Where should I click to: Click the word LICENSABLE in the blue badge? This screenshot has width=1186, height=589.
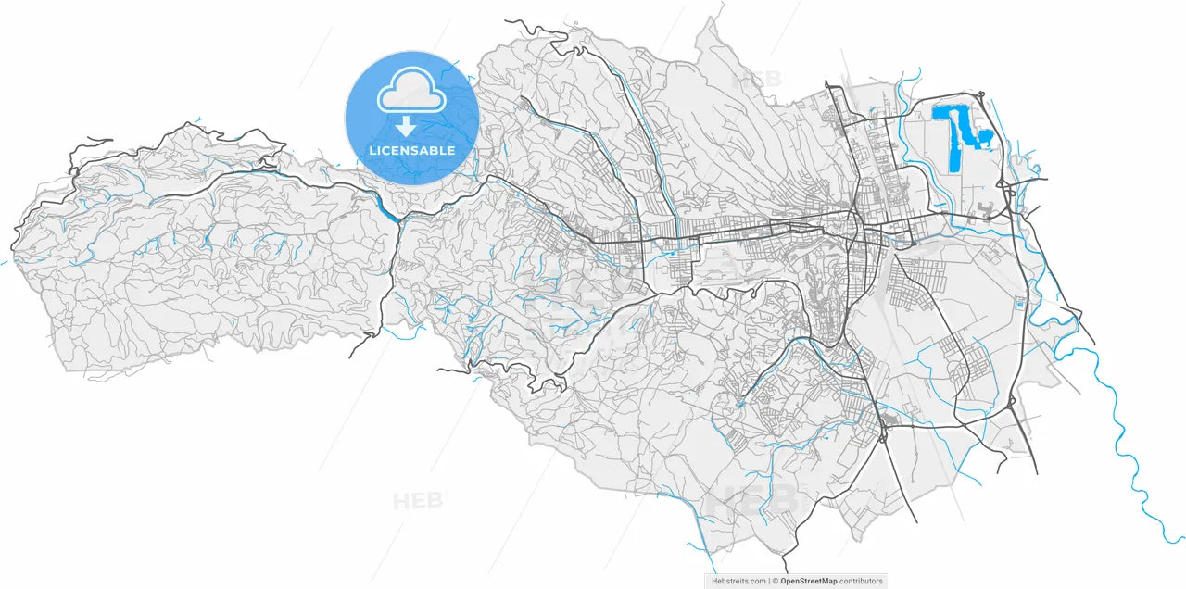pos(411,150)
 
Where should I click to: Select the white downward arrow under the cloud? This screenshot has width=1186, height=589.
pos(406,127)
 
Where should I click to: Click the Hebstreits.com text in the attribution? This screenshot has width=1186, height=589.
pos(738,581)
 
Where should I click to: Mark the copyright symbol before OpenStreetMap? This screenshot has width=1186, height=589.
pos(774,581)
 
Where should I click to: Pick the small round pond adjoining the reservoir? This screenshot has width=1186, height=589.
pos(985,140)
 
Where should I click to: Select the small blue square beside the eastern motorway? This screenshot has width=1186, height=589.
pos(1020,304)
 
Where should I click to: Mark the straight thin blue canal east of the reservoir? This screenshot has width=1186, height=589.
pos(1002,139)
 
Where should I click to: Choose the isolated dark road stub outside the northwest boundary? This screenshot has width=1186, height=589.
pos(97,141)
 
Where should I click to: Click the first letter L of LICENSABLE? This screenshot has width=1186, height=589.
pos(372,150)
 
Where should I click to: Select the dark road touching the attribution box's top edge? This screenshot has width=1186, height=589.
pos(786,567)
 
